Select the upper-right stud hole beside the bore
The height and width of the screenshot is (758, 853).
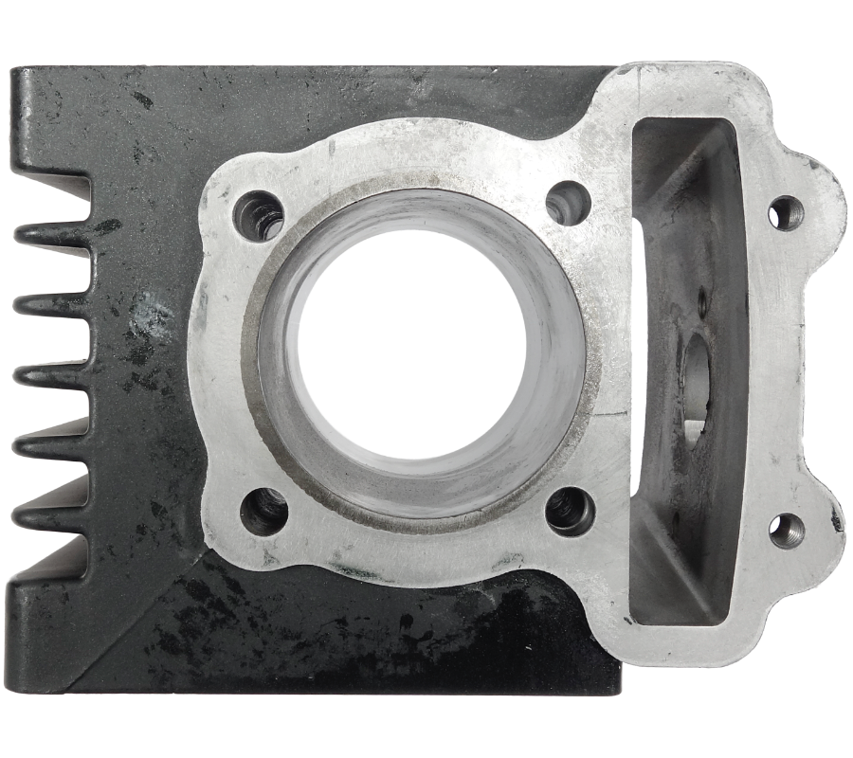568,202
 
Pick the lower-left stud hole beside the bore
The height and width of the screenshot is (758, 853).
263,511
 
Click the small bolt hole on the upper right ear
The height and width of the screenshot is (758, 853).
786,213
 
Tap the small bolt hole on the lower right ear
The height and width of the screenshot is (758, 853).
787,532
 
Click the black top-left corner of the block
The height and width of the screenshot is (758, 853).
13,72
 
